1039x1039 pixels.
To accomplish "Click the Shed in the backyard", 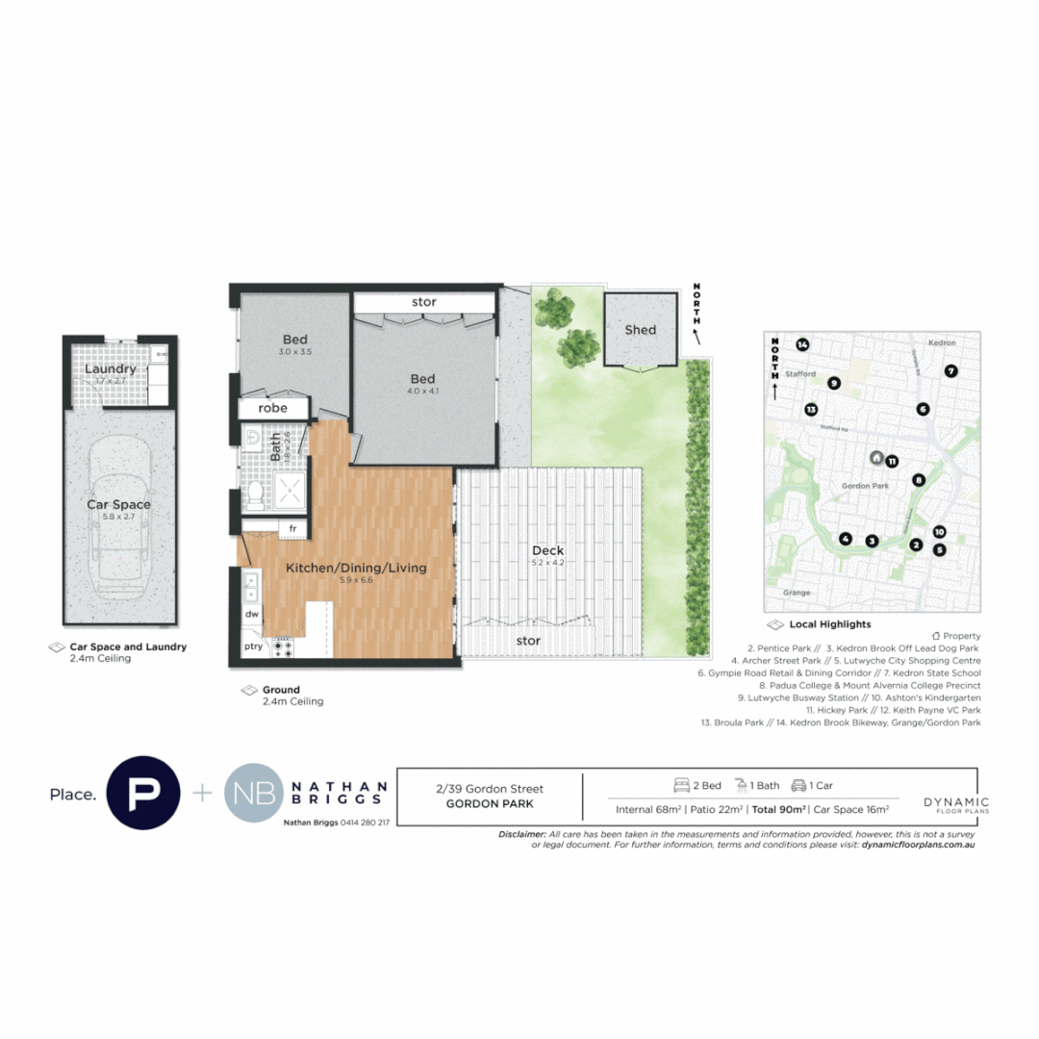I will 640,330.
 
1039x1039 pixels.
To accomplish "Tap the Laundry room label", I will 111,369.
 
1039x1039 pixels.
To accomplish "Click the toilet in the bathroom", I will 256,494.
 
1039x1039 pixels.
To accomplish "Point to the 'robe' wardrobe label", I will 274,408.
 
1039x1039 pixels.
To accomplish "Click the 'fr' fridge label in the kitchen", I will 291,528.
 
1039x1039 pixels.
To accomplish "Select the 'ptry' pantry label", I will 254,646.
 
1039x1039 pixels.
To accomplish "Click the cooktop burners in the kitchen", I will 284,647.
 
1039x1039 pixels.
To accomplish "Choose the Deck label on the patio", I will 547,551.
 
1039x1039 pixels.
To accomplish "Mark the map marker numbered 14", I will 802,345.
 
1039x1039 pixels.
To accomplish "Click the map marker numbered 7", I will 950,370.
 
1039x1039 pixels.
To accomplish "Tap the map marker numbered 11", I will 892,461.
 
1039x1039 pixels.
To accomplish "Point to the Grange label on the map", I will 796,593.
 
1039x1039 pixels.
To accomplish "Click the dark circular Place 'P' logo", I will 143,793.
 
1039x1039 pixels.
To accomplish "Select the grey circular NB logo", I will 254,794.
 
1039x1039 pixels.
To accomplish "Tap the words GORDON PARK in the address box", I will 490,803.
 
